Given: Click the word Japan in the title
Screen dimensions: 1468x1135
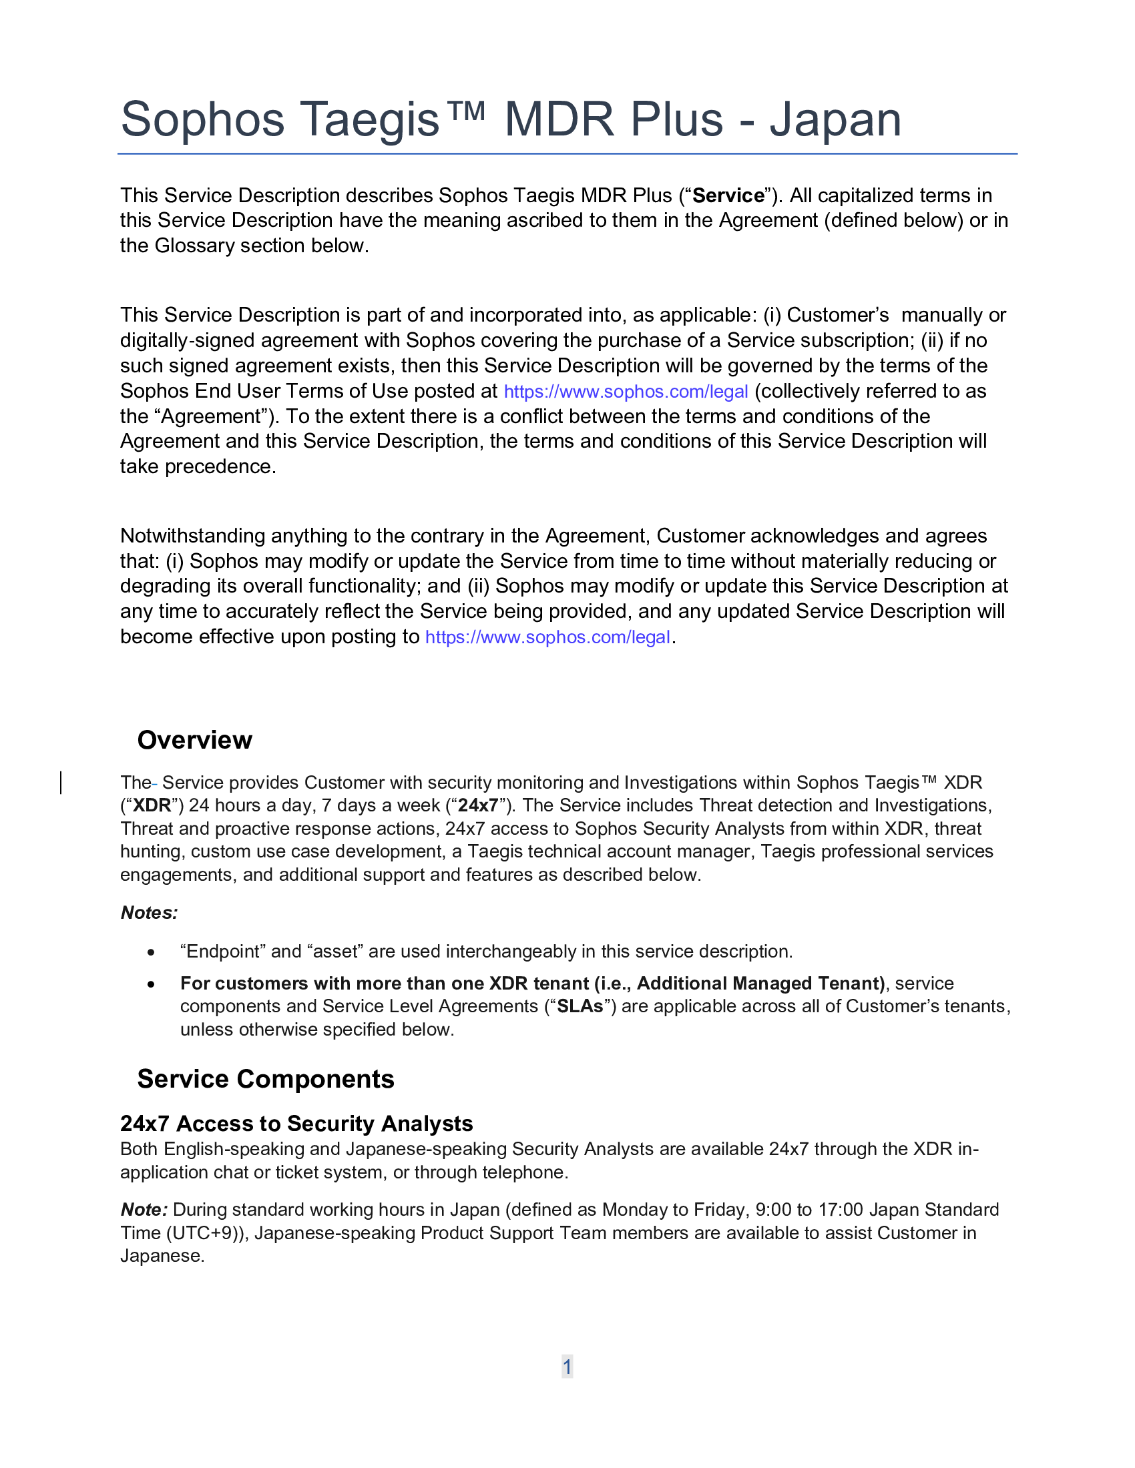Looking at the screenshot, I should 835,120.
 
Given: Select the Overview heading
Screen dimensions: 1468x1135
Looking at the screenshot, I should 194,740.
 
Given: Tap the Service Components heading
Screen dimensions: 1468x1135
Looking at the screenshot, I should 266,1079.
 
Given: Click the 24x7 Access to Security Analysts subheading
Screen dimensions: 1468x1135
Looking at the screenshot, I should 296,1124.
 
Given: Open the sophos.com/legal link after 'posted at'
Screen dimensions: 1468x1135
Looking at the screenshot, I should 626,392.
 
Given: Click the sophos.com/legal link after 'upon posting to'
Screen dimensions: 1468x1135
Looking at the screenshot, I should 547,637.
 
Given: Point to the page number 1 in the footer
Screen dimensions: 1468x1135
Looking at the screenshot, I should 567,1367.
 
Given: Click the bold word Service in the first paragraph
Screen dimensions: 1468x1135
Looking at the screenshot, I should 728,196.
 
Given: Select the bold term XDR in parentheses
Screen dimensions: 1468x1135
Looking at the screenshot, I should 152,805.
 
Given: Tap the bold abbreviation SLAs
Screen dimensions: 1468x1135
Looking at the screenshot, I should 580,1006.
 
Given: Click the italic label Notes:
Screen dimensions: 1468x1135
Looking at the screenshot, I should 150,913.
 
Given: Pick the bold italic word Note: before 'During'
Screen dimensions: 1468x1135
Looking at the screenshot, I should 144,1210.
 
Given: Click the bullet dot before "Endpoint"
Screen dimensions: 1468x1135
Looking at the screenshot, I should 152,952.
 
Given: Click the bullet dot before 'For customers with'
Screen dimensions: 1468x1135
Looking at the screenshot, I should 152,984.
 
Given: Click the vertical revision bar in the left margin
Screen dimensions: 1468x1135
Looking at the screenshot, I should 61,783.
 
